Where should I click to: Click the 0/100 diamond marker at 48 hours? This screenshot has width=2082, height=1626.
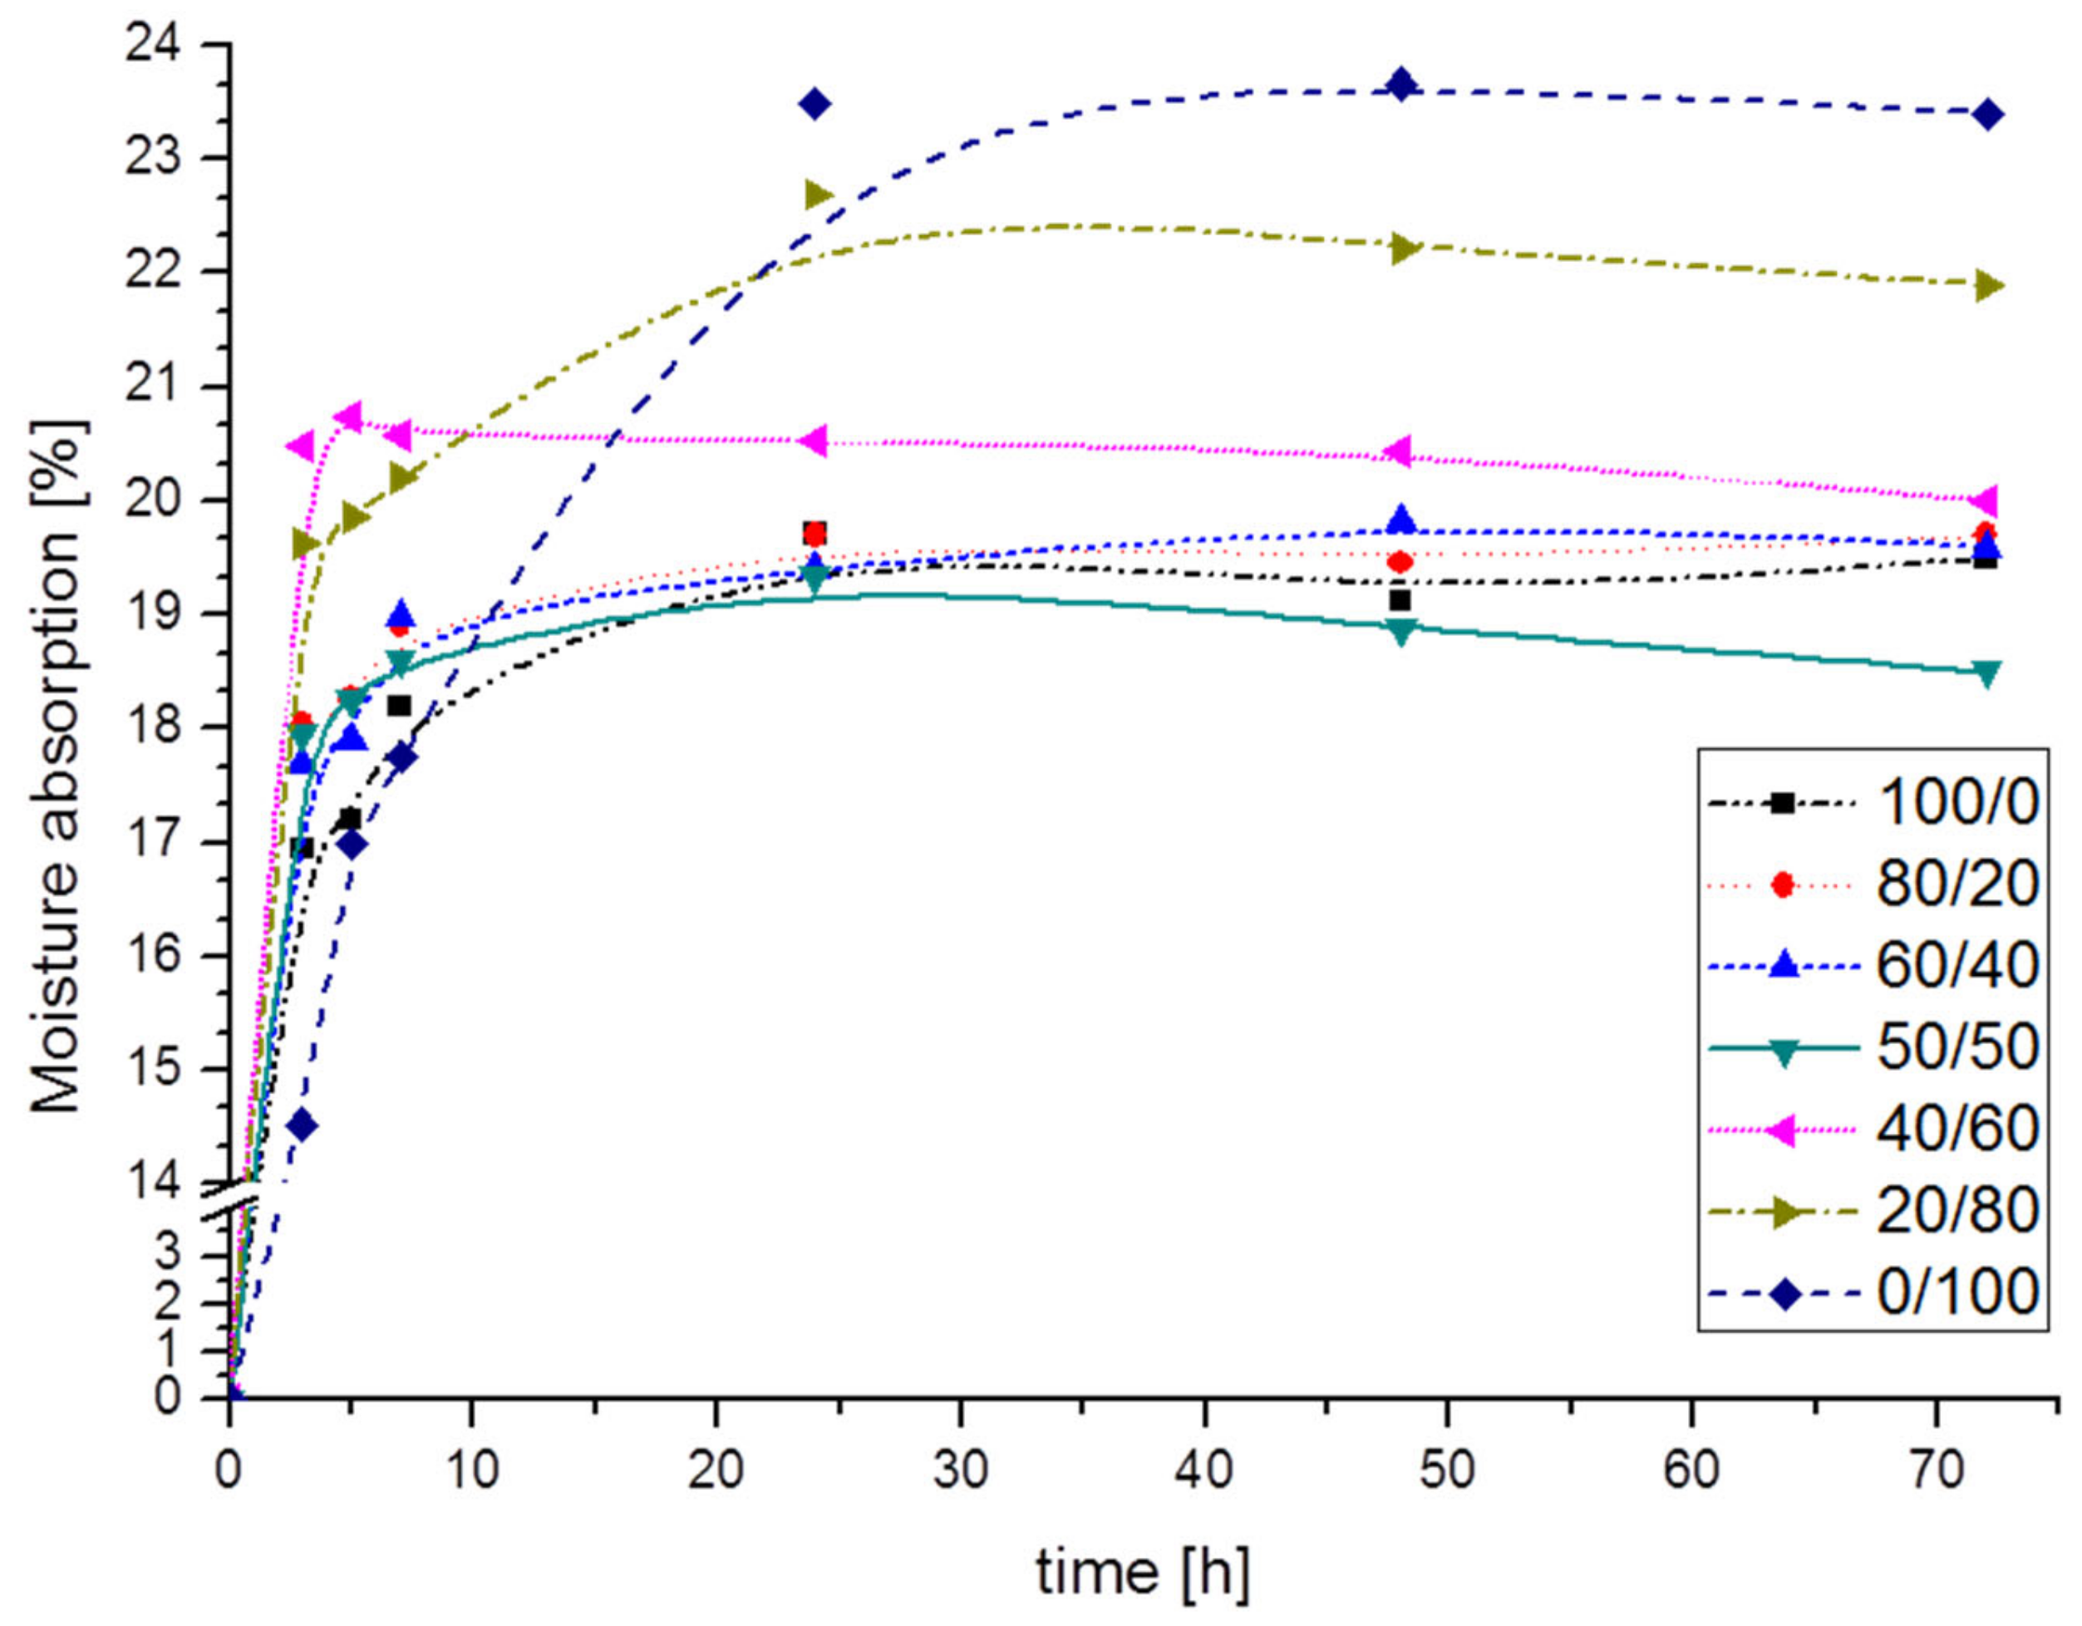[x=1400, y=84]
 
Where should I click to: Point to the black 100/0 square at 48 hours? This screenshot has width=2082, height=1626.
[x=1400, y=600]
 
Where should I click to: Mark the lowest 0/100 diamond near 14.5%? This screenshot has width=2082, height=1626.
[x=303, y=1126]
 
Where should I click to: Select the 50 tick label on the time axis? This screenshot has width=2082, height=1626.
[x=1447, y=1471]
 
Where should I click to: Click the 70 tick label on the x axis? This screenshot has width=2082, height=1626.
[x=1937, y=1471]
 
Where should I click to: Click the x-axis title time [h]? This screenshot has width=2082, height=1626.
[x=1142, y=1574]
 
